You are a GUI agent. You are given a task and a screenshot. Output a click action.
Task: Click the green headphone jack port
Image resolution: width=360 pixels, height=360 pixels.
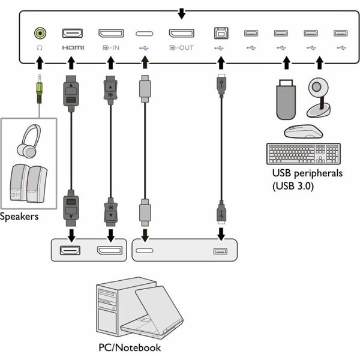[x=40, y=33]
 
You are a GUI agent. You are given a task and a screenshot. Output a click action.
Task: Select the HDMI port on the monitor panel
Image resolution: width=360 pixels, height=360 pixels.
[x=73, y=33]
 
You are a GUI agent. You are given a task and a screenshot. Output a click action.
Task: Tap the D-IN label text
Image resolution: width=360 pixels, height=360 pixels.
[x=111, y=48]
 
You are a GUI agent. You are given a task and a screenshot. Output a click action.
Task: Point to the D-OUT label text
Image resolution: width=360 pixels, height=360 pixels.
[x=181, y=48]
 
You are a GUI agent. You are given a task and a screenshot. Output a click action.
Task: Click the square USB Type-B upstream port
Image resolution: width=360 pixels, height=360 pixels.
[x=221, y=33]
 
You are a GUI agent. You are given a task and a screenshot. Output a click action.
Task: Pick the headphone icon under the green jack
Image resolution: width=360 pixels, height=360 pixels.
[x=40, y=48]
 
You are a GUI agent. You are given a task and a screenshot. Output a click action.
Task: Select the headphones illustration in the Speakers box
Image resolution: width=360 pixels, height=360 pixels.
[x=29, y=141]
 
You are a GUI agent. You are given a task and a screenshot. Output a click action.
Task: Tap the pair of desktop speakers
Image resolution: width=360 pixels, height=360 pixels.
[x=28, y=184]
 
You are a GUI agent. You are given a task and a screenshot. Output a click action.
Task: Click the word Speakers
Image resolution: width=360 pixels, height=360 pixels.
[x=19, y=217]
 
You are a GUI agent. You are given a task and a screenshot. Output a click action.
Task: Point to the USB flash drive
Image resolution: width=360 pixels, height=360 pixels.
[x=286, y=100]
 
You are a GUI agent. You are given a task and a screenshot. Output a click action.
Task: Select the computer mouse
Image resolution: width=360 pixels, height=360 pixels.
[x=303, y=131]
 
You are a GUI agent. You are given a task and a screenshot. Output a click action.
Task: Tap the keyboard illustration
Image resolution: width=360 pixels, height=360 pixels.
[x=304, y=154]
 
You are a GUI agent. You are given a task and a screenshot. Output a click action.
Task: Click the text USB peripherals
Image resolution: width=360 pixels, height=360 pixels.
[x=307, y=173]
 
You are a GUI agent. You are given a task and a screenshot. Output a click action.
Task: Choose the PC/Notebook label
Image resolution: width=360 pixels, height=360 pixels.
[x=130, y=347]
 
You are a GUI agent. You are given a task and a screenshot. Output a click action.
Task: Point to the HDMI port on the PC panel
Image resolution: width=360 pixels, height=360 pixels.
[x=70, y=250]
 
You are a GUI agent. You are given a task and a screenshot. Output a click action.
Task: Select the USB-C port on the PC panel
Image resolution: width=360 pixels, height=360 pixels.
[x=145, y=250]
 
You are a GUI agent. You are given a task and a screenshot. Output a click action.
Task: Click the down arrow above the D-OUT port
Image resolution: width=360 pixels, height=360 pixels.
[x=182, y=14]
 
